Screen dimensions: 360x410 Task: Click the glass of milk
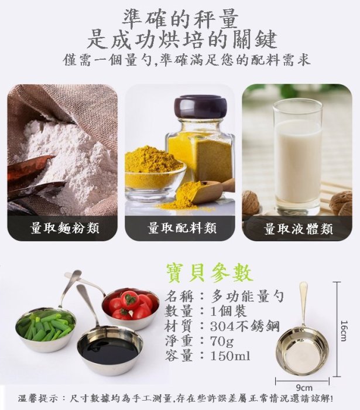pos(297,157)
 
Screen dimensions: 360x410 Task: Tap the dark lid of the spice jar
pos(201,107)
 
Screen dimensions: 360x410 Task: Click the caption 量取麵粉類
pos(65,228)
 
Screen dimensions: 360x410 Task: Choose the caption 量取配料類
pos(182,228)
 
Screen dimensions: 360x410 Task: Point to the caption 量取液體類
pos(299,229)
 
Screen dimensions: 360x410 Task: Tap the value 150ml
pos(230,356)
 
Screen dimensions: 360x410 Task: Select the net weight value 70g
pos(222,341)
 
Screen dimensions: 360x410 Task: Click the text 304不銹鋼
pos(245,326)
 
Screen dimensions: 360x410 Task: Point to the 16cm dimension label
pos(344,331)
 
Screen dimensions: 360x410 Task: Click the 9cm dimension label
pos(304,388)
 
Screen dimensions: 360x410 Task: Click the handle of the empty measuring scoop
pos(304,303)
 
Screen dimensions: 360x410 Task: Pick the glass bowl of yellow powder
pos(155,175)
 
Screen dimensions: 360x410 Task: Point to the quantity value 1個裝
pos(229,311)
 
